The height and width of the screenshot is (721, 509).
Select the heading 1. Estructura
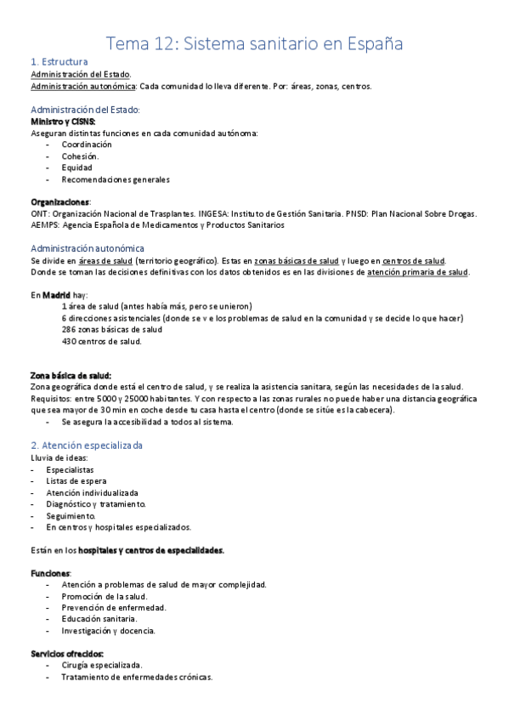(59, 62)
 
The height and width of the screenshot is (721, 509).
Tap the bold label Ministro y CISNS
(63, 122)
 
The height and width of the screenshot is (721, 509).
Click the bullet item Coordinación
(87, 145)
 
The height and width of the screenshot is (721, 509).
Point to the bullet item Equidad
(76, 167)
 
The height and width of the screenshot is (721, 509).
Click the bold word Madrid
(57, 294)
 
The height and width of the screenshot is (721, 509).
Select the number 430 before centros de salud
(70, 341)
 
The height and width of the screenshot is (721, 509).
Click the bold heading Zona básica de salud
(71, 375)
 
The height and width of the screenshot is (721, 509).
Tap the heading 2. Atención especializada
(87, 445)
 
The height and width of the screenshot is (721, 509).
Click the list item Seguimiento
(71, 515)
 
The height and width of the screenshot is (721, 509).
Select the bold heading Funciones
(51, 573)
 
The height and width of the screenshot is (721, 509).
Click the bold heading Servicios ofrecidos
(67, 653)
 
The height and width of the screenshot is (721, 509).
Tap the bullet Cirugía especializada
(102, 665)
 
